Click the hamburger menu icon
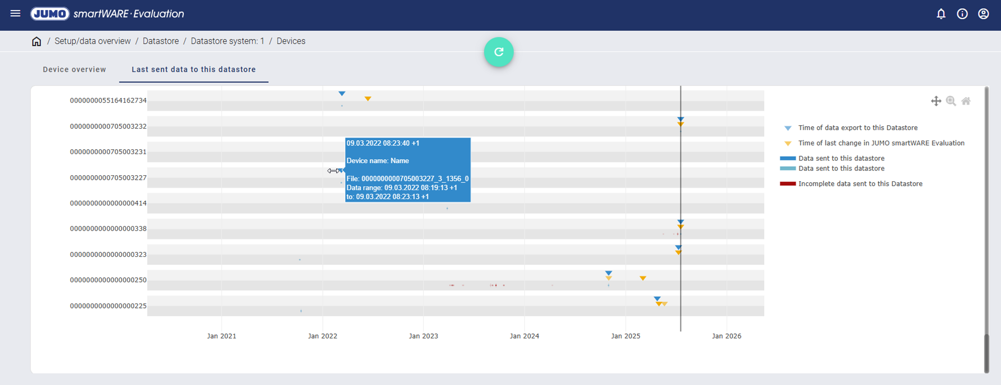(16, 14)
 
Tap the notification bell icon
(941, 14)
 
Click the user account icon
(983, 14)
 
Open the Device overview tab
(75, 70)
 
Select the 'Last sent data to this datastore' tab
(194, 70)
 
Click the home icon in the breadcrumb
(37, 42)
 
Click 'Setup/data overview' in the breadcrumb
(93, 41)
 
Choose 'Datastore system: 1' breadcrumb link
(227, 41)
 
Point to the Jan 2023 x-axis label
(423, 336)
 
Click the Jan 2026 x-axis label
(727, 336)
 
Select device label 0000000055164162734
(108, 101)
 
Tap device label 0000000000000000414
(108, 203)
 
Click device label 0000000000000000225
(108, 306)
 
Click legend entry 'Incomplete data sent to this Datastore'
(860, 184)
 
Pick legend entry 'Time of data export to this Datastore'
(857, 128)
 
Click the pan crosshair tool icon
(936, 101)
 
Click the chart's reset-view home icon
(966, 101)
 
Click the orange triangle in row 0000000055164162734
(368, 99)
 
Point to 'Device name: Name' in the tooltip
(378, 161)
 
